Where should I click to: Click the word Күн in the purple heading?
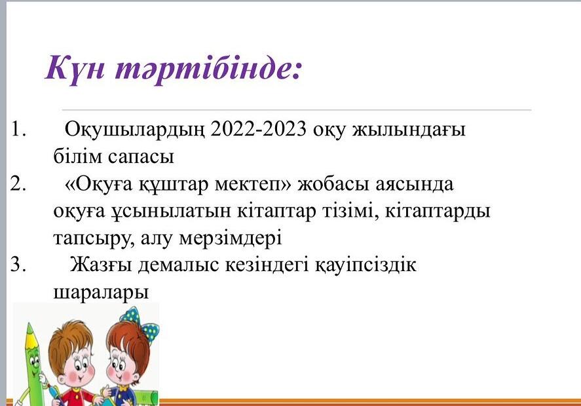[x=75, y=69]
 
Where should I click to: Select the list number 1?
[x=18, y=129]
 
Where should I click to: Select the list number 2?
[x=18, y=183]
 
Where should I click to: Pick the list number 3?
[x=18, y=265]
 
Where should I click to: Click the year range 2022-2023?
[x=258, y=129]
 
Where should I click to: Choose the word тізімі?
[x=350, y=211]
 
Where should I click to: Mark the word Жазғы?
[x=101, y=265]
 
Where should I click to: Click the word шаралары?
[x=101, y=292]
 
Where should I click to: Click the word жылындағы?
[x=408, y=130]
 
